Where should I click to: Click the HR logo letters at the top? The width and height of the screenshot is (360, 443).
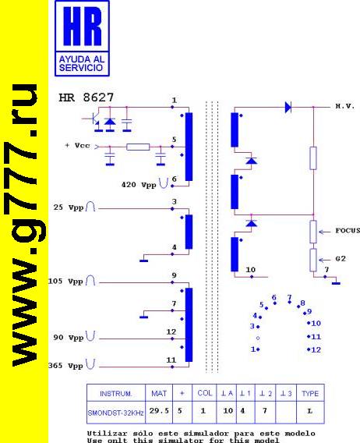82,27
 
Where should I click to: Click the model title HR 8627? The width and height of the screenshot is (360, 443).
86,97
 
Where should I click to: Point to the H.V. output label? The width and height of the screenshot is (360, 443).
344,107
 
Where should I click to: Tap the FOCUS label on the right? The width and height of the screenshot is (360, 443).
348,231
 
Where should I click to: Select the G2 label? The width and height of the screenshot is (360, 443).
341,259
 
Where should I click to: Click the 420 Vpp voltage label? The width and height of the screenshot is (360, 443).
139,185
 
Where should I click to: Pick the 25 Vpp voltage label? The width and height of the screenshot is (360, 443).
69,207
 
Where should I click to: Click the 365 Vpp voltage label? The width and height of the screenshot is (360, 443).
65,366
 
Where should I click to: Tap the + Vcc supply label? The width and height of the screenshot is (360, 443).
77,146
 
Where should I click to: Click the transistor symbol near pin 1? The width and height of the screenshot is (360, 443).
94,120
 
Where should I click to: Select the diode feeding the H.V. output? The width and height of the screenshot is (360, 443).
288,108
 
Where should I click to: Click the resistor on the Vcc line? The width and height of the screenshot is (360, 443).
138,147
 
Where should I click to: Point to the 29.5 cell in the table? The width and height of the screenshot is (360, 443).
159,411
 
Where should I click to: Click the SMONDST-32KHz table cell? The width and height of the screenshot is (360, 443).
116,413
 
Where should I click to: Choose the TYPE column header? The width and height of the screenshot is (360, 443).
310,394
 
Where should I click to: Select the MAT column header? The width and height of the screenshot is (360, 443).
159,394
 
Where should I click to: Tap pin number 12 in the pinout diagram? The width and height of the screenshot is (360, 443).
316,349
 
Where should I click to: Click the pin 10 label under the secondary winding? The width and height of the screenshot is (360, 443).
250,270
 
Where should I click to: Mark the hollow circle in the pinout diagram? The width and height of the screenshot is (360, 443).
258,338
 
